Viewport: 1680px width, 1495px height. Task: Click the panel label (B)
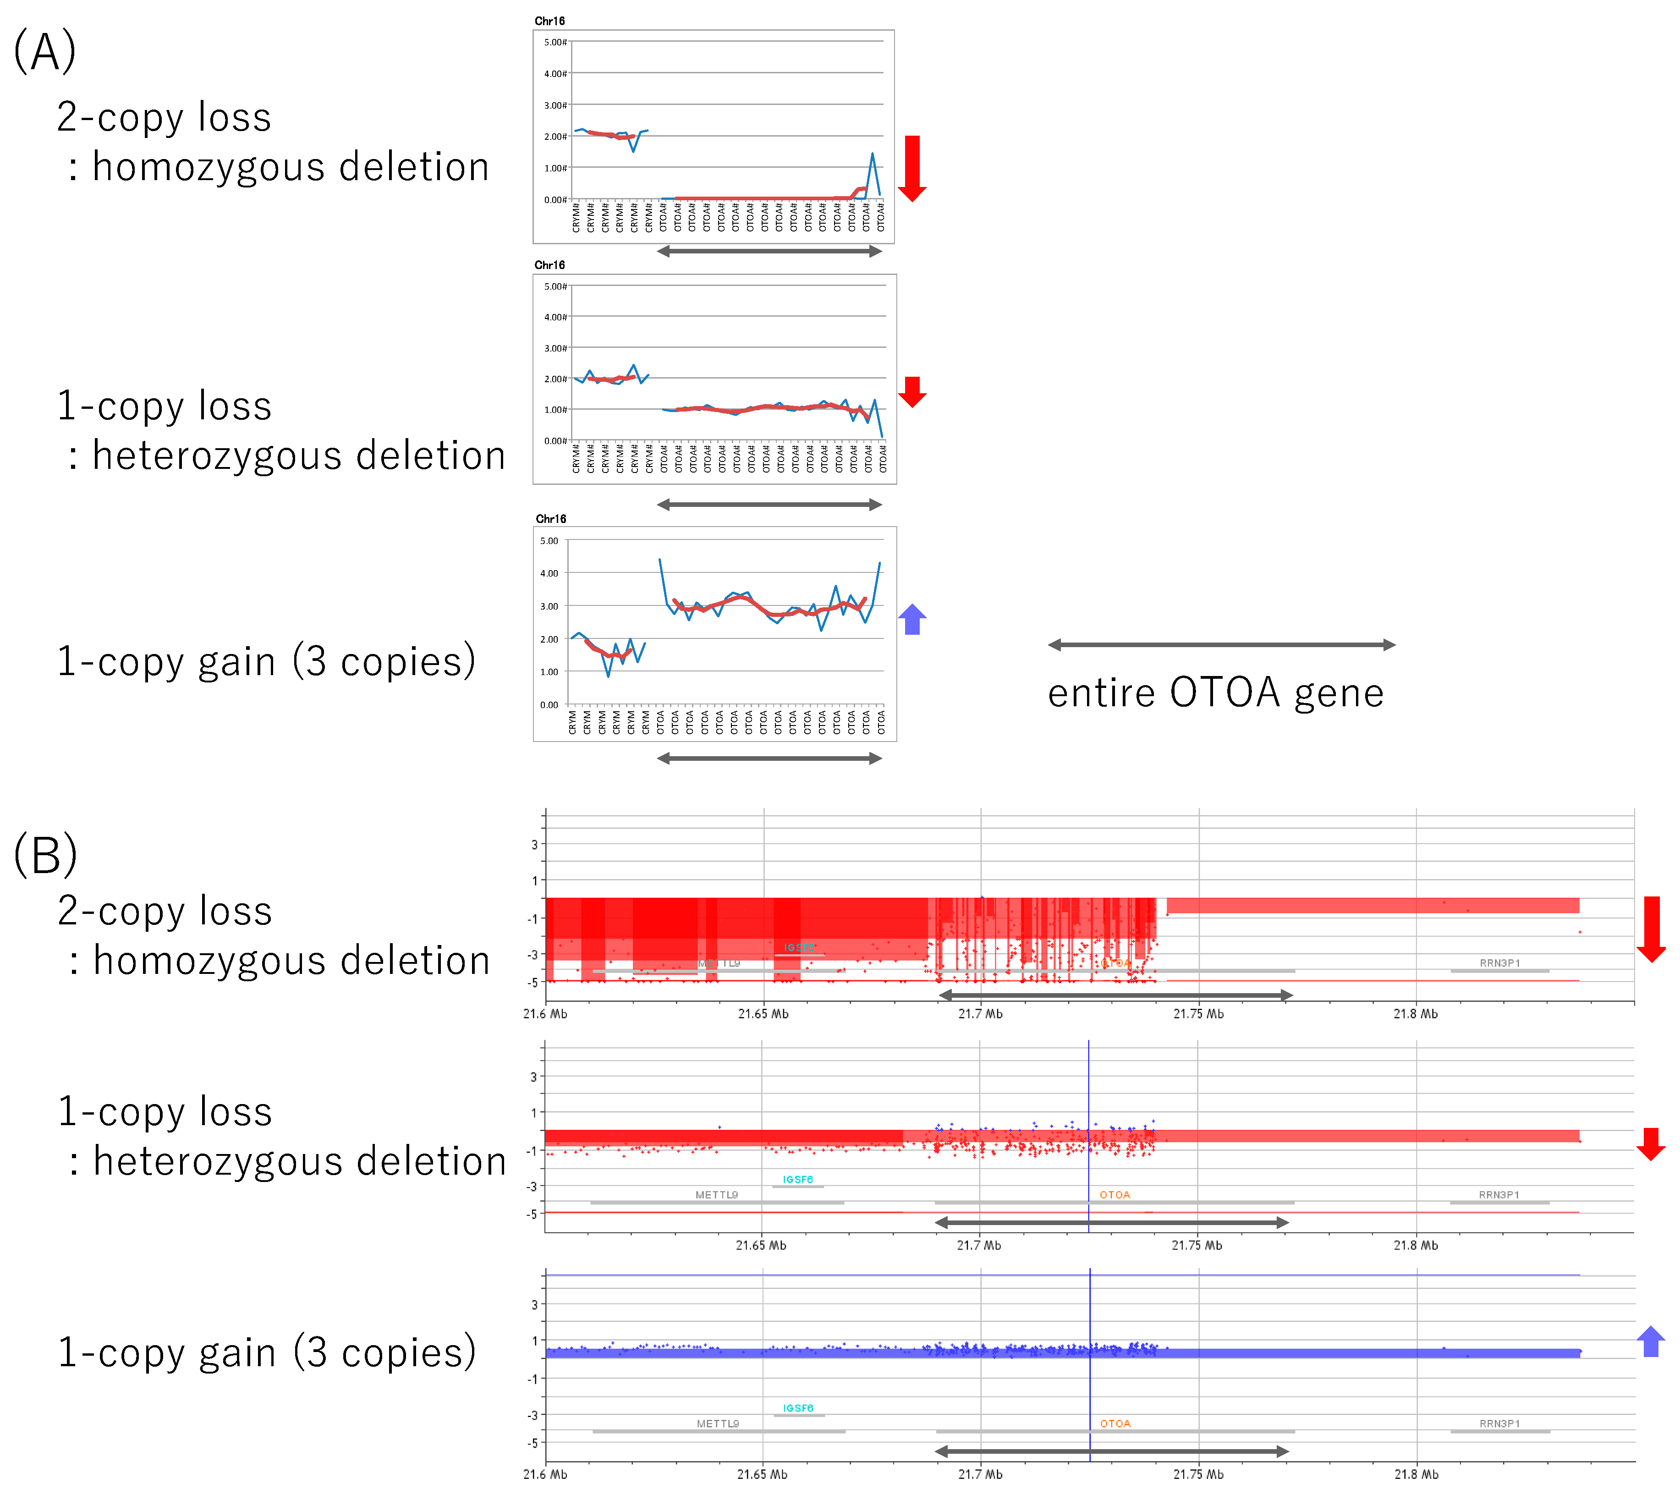pos(45,855)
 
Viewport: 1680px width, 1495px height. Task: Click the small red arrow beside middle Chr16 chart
pos(911,391)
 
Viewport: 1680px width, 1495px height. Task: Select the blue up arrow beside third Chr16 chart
pos(911,619)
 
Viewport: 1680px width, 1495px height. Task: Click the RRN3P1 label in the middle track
pos(1499,1194)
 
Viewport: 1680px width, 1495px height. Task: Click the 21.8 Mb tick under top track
pos(1415,1013)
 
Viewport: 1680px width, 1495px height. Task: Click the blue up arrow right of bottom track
pos(1650,1341)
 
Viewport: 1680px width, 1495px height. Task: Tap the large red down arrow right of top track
pos(1650,929)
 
